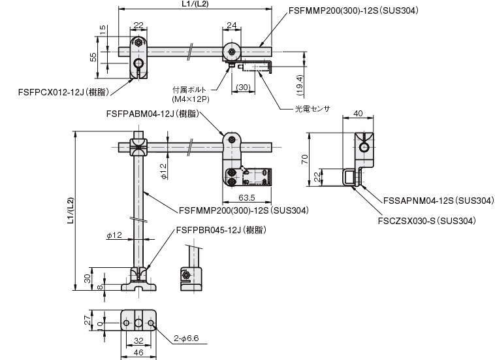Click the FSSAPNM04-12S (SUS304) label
[x=428, y=201]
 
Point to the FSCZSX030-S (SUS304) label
[x=426, y=220]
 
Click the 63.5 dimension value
[x=246, y=197]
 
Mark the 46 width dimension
[x=138, y=353]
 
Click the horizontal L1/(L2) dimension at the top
[x=195, y=5]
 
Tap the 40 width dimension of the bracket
[x=359, y=114]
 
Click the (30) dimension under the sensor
[x=244, y=87]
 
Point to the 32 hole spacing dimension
[x=138, y=340]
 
